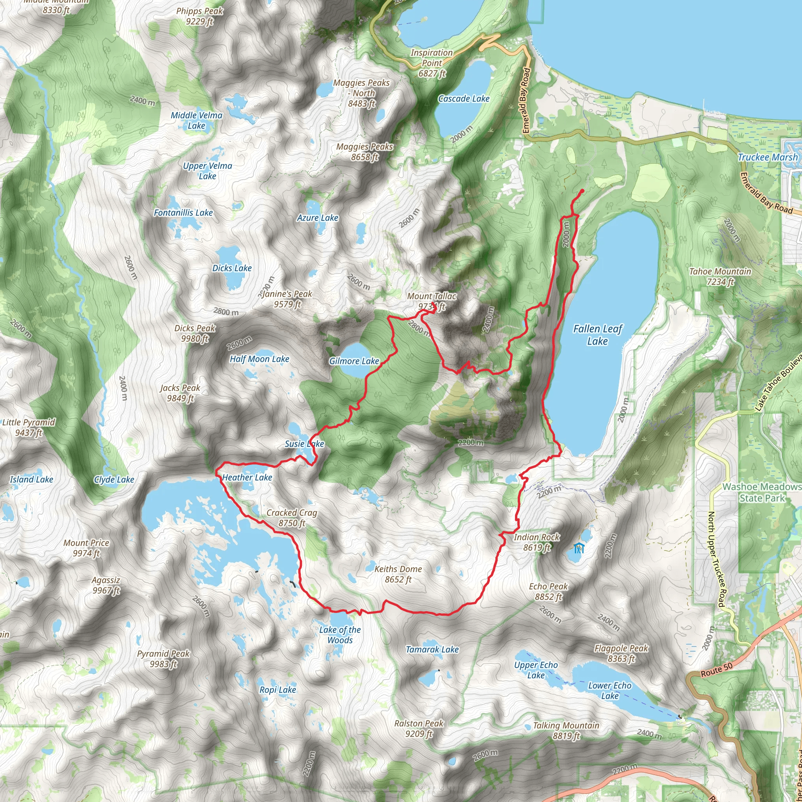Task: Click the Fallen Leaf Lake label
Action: pyautogui.click(x=597, y=335)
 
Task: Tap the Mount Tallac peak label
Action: pyautogui.click(x=432, y=302)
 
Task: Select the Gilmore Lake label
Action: pyautogui.click(x=354, y=361)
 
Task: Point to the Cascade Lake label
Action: pyautogui.click(x=464, y=99)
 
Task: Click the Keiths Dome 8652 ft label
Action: pyautogui.click(x=398, y=574)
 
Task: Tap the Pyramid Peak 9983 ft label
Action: pyautogui.click(x=163, y=659)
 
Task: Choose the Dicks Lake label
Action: pyautogui.click(x=232, y=268)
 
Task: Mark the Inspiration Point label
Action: pyautogui.click(x=432, y=63)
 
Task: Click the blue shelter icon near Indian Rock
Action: pyautogui.click(x=579, y=548)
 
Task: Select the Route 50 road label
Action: pyautogui.click(x=717, y=670)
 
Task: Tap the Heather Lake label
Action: pyautogui.click(x=247, y=478)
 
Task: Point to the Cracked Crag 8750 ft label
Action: pyautogui.click(x=292, y=518)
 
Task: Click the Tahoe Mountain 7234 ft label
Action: pyautogui.click(x=720, y=276)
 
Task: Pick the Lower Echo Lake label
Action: pyautogui.click(x=609, y=691)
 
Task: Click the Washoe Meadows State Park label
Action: pyautogui.click(x=762, y=492)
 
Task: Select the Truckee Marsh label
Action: pyautogui.click(x=768, y=157)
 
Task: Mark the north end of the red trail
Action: pyautogui.click(x=582, y=191)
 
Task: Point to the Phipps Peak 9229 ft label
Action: pyautogui.click(x=200, y=16)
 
